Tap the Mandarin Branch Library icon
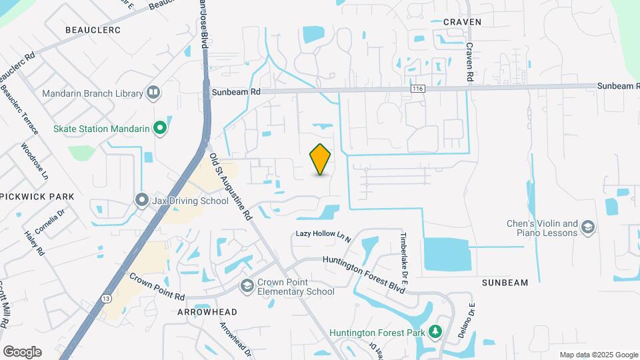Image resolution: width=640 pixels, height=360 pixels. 154,93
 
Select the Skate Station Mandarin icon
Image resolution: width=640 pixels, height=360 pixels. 159,127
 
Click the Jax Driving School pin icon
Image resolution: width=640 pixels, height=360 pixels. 141,199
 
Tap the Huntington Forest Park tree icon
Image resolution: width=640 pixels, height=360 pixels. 435,331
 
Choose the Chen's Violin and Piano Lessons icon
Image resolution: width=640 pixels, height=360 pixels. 587,228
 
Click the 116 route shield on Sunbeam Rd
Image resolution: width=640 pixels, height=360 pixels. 418,88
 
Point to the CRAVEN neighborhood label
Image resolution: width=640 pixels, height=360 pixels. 462,22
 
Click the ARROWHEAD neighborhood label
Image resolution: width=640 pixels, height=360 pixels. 207,311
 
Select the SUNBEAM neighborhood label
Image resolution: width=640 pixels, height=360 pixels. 505,283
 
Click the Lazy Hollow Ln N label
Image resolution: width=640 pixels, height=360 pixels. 323,235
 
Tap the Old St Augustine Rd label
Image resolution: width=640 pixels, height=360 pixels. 231,187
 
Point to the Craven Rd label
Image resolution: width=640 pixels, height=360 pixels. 469,63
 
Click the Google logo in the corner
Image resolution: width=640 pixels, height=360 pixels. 22,351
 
